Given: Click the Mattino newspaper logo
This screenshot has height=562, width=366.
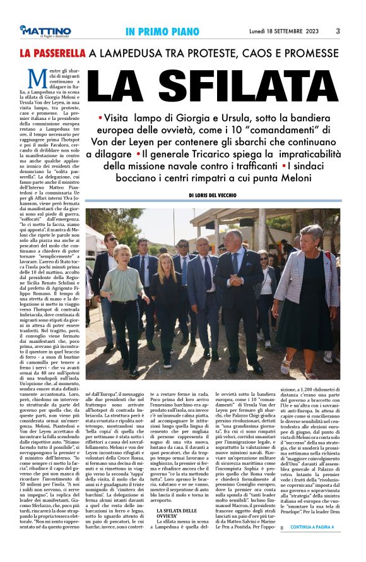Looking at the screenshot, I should click(x=45, y=31).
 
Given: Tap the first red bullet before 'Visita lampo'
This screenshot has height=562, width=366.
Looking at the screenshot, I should click(x=101, y=119).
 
